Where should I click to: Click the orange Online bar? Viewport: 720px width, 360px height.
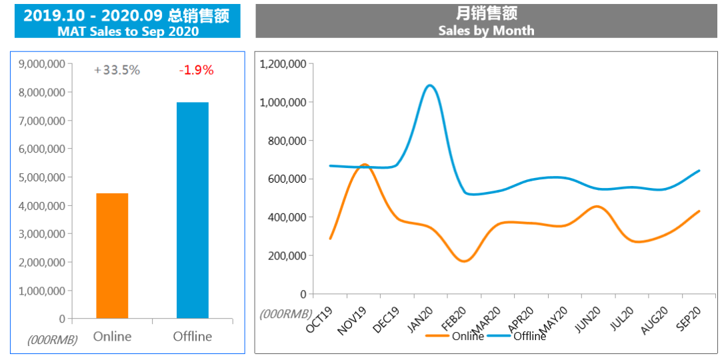pyautogui.click(x=112, y=256)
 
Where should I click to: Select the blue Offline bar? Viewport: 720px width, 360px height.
pyautogui.click(x=193, y=211)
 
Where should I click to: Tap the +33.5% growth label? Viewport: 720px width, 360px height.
pyautogui.click(x=117, y=70)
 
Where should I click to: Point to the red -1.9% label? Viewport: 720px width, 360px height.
pyautogui.click(x=196, y=70)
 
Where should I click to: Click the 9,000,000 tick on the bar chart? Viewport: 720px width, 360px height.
pyautogui.click(x=42, y=64)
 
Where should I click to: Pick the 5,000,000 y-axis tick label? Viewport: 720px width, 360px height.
pyautogui.click(x=42, y=177)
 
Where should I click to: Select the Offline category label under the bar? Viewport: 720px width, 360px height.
pyautogui.click(x=193, y=336)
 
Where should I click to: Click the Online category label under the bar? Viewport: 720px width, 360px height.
pyautogui.click(x=112, y=336)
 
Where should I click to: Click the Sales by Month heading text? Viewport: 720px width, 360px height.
pyautogui.click(x=486, y=30)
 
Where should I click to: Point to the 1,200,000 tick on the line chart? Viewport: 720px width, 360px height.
pyautogui.click(x=283, y=64)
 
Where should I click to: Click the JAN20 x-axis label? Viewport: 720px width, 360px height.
pyautogui.click(x=421, y=320)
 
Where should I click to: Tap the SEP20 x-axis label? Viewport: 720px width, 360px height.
pyautogui.click(x=688, y=321)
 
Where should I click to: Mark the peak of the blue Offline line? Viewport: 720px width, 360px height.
pyautogui.click(x=429, y=85)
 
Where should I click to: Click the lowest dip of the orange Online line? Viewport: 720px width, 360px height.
pyautogui.click(x=463, y=261)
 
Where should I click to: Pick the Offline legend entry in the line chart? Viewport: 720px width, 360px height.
pyautogui.click(x=529, y=336)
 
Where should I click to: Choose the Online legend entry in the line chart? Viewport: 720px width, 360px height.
pyautogui.click(x=467, y=336)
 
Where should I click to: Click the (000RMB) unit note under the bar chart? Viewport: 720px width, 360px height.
pyautogui.click(x=53, y=339)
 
